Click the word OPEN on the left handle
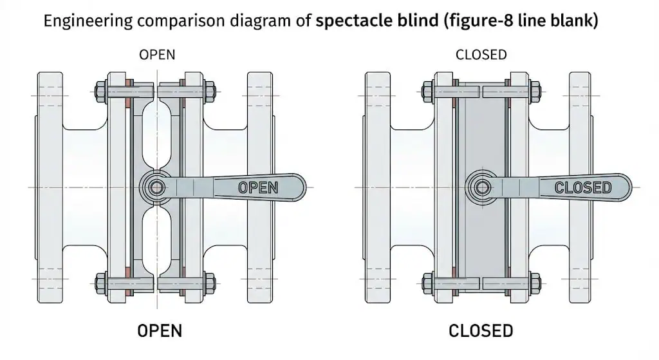coord(258,188)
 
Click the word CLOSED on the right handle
coord(583,188)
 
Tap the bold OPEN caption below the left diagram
coord(160,331)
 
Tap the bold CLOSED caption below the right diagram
coord(481,331)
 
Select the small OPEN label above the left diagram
coord(157,55)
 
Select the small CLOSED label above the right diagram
coord(481,55)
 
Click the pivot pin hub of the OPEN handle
coord(155,187)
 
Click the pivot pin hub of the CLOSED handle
coord(481,187)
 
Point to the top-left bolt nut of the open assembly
coord(101,90)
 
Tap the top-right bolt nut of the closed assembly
coord(534,90)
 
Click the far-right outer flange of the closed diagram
coord(580,129)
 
